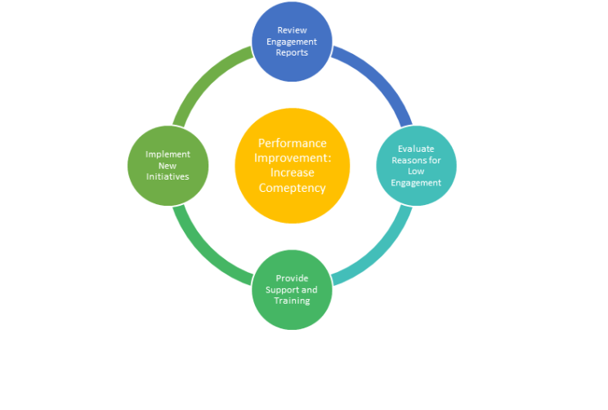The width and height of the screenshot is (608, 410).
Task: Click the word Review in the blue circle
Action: point(292,30)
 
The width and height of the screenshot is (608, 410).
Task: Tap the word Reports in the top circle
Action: point(292,52)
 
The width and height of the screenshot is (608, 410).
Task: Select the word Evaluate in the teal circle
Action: point(416,149)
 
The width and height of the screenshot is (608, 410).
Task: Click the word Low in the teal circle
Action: point(416,172)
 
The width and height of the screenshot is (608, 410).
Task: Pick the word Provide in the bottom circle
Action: point(292,279)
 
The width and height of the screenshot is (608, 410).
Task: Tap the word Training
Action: point(292,301)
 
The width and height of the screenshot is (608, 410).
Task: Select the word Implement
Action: point(168,154)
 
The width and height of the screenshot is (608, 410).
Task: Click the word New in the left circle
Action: point(168,165)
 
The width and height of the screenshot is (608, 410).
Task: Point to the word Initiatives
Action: point(168,176)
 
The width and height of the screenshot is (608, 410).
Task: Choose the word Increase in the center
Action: point(292,172)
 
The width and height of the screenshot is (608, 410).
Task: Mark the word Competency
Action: point(292,188)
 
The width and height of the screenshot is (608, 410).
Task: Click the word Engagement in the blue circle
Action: point(292,42)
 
